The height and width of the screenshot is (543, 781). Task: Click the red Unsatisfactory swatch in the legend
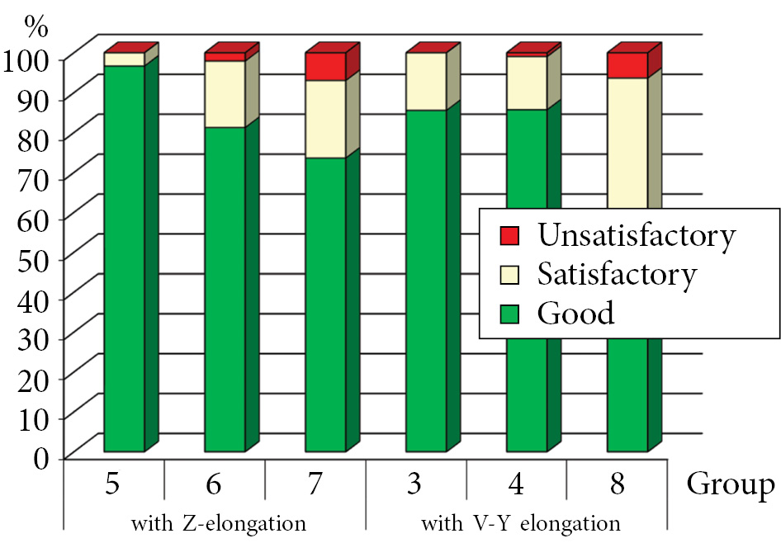click(509, 236)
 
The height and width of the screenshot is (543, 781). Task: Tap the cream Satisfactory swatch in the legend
click(509, 275)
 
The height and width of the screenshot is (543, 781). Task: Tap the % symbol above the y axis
click(37, 25)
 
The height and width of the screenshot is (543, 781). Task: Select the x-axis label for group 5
click(114, 484)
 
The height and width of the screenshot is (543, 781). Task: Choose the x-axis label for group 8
click(617, 484)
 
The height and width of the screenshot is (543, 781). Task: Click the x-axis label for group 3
click(416, 484)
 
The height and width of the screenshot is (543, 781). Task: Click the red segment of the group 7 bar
click(325, 67)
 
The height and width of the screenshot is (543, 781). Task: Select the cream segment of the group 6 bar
click(225, 94)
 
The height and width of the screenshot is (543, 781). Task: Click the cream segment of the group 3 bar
click(426, 82)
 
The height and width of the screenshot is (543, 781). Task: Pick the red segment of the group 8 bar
click(627, 65)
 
